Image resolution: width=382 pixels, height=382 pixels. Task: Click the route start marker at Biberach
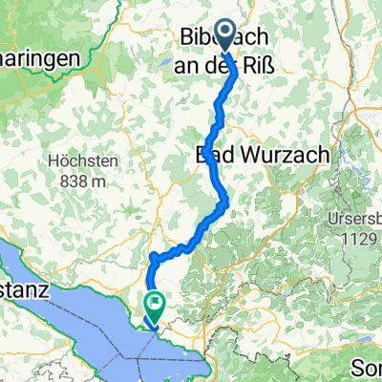[226, 35]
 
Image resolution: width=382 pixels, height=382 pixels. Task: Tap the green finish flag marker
[154, 304]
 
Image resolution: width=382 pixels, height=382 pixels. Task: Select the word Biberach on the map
[223, 37]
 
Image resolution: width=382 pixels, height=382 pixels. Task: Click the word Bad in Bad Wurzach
[212, 153]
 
